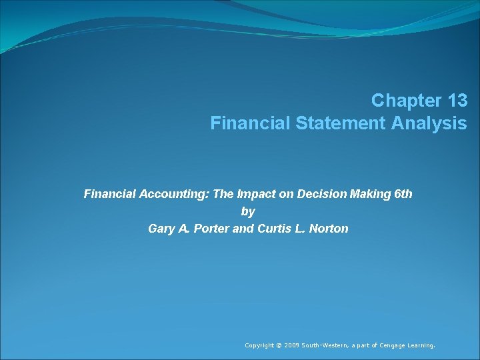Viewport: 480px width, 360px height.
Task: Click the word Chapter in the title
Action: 403,101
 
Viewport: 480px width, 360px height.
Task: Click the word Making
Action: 369,194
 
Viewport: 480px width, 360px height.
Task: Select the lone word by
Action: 248,211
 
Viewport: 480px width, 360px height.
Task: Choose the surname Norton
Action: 327,229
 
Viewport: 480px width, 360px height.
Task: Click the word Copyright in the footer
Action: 260,345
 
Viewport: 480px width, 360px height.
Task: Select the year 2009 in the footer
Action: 291,345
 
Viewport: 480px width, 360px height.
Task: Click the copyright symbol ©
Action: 279,345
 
